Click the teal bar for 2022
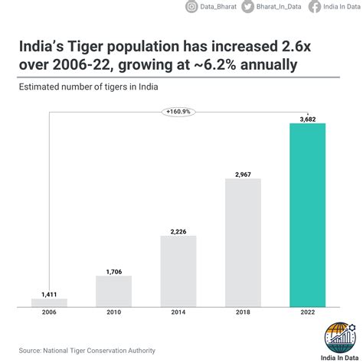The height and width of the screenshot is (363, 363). [x=307, y=214]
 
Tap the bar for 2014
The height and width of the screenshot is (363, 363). [x=178, y=270]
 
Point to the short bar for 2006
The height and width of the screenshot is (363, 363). [x=49, y=302]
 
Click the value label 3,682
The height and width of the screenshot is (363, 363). [x=307, y=118]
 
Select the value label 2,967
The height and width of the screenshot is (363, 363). [x=243, y=173]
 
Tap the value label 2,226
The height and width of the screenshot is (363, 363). [x=178, y=230]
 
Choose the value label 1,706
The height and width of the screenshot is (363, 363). [x=114, y=270]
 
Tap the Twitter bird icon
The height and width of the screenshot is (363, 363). [x=247, y=7]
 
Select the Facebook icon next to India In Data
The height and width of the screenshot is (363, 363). [x=315, y=7]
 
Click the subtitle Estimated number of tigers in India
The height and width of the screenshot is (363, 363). [x=88, y=87]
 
